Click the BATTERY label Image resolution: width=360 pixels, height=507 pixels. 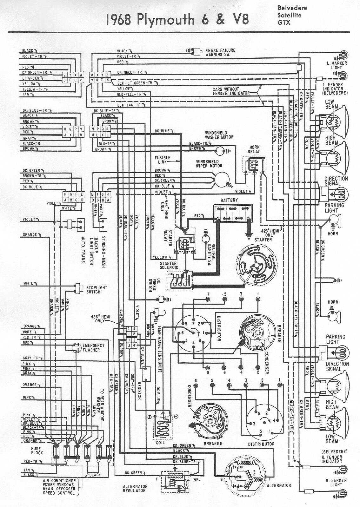(229, 200)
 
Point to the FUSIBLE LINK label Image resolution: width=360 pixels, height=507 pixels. (163, 160)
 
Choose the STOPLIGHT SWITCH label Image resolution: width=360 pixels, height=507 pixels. (97, 289)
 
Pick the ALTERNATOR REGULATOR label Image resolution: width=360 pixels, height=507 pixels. (135, 488)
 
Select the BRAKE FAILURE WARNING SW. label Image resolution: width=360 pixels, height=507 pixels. (220, 52)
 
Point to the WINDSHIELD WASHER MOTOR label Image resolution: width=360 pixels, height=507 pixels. (219, 135)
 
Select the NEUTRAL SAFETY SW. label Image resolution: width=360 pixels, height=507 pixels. (211, 251)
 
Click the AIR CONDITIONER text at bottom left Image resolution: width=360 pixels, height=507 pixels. (60, 481)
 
